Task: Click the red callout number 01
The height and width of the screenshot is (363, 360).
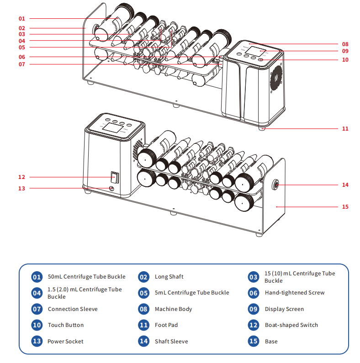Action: pyautogui.click(x=21, y=19)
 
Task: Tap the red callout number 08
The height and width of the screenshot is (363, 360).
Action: pyautogui.click(x=345, y=44)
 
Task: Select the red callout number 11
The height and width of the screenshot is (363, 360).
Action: pyautogui.click(x=345, y=129)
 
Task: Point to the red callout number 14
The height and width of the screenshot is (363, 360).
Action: pyautogui.click(x=345, y=185)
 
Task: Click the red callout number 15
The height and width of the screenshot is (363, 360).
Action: pyautogui.click(x=345, y=207)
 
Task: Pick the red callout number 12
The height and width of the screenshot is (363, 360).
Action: pyautogui.click(x=21, y=177)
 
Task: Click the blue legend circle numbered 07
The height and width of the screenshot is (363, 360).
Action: pyautogui.click(x=37, y=309)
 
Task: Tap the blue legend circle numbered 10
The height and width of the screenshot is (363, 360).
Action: pyautogui.click(x=37, y=325)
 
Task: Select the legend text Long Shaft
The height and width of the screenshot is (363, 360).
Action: pyautogui.click(x=169, y=277)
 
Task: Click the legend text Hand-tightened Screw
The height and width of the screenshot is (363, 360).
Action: pyautogui.click(x=295, y=293)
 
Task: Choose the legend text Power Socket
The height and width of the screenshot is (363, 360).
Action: pyautogui.click(x=65, y=342)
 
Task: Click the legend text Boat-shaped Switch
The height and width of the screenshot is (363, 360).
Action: pyautogui.click(x=291, y=325)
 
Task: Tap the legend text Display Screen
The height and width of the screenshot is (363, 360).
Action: pyautogui.click(x=284, y=309)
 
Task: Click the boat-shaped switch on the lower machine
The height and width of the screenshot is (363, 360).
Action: pyautogui.click(x=114, y=177)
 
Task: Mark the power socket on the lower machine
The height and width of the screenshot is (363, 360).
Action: pyautogui.click(x=111, y=189)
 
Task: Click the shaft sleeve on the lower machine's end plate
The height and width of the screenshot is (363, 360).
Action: pyautogui.click(x=276, y=185)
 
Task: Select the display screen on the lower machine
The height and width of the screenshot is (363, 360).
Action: pyautogui.click(x=112, y=128)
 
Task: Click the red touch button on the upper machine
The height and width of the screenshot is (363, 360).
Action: pyautogui.click(x=261, y=59)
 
